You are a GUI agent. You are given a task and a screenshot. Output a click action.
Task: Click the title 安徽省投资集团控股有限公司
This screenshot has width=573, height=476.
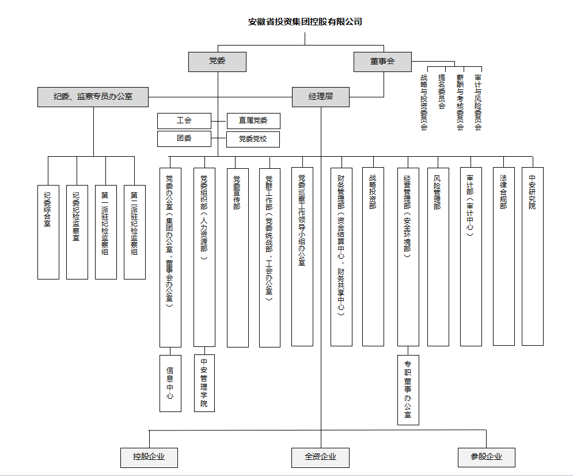[305, 22]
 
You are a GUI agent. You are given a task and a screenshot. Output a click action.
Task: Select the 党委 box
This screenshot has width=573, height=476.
[217, 62]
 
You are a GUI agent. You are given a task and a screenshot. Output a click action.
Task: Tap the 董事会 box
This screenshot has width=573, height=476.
[382, 62]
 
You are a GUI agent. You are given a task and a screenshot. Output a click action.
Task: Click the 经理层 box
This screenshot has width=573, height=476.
[320, 97]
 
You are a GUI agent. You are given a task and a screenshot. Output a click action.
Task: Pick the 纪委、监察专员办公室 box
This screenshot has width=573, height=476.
[93, 97]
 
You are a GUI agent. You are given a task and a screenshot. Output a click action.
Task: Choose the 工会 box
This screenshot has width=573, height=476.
[184, 121]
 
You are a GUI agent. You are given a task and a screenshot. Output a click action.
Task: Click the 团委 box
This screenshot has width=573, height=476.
[184, 138]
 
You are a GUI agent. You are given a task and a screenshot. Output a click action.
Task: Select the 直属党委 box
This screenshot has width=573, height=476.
[253, 121]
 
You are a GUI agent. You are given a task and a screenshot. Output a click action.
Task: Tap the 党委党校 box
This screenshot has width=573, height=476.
[253, 139]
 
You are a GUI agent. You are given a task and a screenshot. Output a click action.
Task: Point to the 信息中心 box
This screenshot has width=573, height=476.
[170, 383]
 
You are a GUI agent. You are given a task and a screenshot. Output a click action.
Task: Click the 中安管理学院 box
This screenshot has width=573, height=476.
[204, 383]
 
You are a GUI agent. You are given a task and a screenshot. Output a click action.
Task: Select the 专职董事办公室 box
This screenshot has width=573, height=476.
[408, 390]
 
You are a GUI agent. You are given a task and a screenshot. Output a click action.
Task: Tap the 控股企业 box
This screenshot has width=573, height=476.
[149, 457]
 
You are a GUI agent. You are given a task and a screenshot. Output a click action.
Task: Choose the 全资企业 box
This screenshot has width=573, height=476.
[320, 457]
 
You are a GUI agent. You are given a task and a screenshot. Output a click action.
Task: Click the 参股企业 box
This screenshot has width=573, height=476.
[486, 457]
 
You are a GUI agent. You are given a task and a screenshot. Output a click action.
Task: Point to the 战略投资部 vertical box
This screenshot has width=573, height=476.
[373, 256]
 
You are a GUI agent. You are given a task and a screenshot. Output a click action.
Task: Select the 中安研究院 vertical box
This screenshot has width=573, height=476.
[532, 256]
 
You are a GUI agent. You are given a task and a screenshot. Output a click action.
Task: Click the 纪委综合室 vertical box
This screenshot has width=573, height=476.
[48, 232]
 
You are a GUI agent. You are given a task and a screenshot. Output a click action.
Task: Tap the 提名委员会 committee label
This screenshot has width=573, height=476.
[442, 92]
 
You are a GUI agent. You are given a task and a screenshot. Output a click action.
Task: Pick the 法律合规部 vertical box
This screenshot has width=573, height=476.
[504, 256]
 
